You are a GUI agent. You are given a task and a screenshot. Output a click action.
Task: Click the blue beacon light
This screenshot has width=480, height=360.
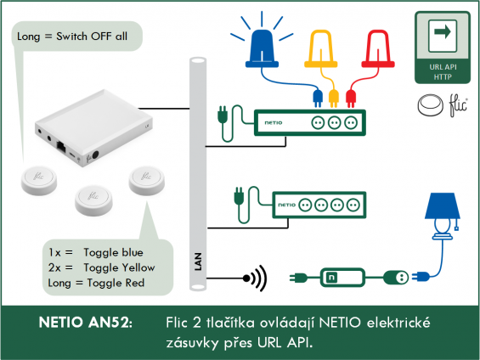coord(262,48)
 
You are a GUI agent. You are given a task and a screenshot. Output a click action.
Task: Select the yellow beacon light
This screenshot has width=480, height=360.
coord(321,48)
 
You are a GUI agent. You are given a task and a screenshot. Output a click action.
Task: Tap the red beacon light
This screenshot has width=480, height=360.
coord(378,48)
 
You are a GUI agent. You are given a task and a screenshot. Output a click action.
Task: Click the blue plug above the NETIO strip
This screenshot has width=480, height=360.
coord(318,98)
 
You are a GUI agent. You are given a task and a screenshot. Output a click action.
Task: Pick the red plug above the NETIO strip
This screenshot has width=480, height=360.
coord(351,98)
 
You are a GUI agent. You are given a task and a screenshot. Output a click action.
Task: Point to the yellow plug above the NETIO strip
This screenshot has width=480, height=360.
coord(334,98)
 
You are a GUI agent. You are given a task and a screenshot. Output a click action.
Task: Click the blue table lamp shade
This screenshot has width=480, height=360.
coord(443,205)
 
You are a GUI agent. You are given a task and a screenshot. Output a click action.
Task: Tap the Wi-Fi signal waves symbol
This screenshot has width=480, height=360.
coord(256,278)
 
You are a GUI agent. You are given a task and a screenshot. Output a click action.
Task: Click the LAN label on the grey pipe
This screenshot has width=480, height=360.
coord(198,262)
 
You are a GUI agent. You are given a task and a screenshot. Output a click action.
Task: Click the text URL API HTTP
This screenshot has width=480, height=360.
coord(443,72)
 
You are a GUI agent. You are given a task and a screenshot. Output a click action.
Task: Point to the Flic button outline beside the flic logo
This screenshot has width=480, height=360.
coord(430,105)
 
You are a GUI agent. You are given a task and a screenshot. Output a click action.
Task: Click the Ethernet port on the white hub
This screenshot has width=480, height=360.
coord(61,147)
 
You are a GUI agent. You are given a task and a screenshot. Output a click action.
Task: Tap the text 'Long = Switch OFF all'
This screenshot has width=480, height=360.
coord(72,37)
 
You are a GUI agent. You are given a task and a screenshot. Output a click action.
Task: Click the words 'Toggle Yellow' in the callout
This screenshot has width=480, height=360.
coord(120,267)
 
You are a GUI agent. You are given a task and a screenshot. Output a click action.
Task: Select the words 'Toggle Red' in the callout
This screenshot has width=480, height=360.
coord(116,283)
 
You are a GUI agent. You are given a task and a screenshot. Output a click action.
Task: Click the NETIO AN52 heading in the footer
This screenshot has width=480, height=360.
coord(86,322)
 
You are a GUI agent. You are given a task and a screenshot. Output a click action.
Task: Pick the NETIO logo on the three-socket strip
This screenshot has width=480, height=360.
coord(274,122)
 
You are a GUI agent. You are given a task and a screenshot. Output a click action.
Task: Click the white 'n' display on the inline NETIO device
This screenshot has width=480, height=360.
coord(331,278)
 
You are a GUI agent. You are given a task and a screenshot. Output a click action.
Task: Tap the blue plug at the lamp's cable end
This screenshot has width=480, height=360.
coord(421,277)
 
